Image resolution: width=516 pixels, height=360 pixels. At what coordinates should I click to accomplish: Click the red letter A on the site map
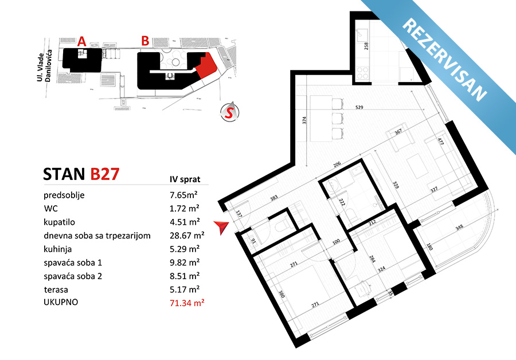pyautogui.click(x=81, y=41)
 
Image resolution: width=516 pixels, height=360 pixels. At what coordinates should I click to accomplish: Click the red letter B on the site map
pyautogui.click(x=145, y=41)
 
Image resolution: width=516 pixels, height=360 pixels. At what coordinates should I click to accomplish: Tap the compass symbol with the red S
pyautogui.click(x=229, y=112)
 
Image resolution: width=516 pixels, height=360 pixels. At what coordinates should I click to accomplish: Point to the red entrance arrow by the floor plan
pyautogui.click(x=221, y=228)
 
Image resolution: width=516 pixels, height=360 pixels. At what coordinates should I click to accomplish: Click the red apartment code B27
pyautogui.click(x=105, y=174)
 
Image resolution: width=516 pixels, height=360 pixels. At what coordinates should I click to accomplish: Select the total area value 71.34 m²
pyautogui.click(x=187, y=303)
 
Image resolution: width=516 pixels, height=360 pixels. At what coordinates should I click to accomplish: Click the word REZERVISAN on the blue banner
pyautogui.click(x=444, y=59)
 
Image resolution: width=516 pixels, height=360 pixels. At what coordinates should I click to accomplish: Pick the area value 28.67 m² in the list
pyautogui.click(x=187, y=235)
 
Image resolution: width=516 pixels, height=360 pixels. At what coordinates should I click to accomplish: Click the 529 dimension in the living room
pyautogui.click(x=359, y=107)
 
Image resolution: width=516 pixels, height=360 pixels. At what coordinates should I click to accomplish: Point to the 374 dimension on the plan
pyautogui.click(x=304, y=120)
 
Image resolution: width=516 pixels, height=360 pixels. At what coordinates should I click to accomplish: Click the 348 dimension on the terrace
pyautogui.click(x=459, y=227)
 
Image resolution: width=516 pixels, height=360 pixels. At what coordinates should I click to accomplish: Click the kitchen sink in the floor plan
pyautogui.click(x=362, y=33)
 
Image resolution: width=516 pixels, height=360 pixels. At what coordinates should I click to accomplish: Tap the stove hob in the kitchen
pyautogui.click(x=362, y=73)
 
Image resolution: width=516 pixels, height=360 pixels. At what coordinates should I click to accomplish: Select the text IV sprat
pyautogui.click(x=185, y=179)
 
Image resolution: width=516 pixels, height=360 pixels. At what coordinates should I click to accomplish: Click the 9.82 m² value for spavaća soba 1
pyautogui.click(x=185, y=263)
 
